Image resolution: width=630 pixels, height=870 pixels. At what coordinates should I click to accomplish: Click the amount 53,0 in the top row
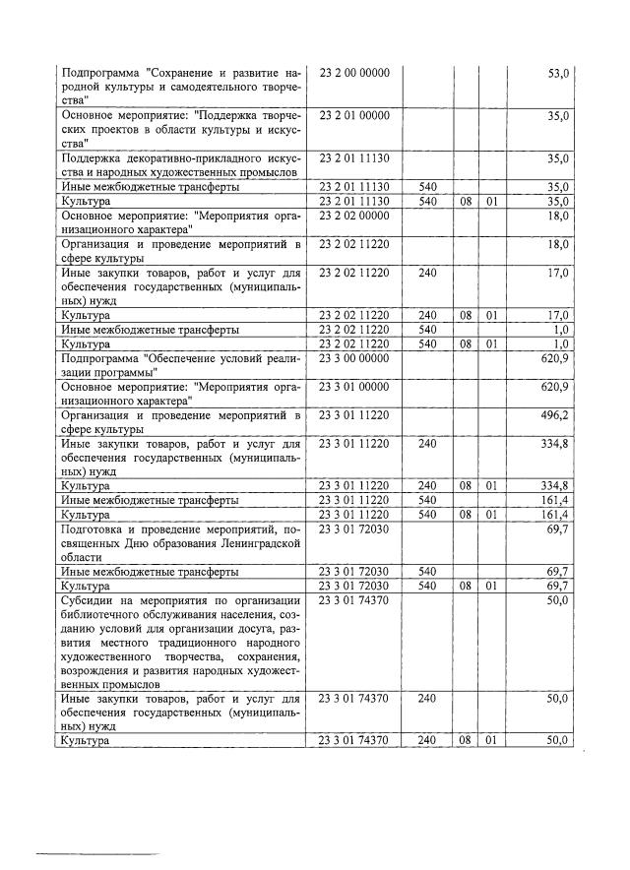[558, 74]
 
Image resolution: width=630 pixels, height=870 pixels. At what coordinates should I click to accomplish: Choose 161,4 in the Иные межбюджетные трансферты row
[555, 500]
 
